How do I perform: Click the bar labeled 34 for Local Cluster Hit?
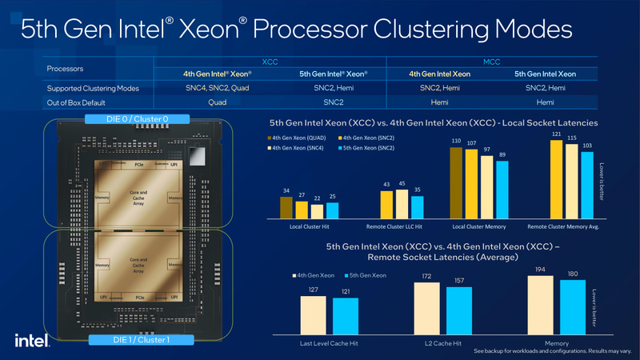286,208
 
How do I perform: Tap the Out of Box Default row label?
81,102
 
